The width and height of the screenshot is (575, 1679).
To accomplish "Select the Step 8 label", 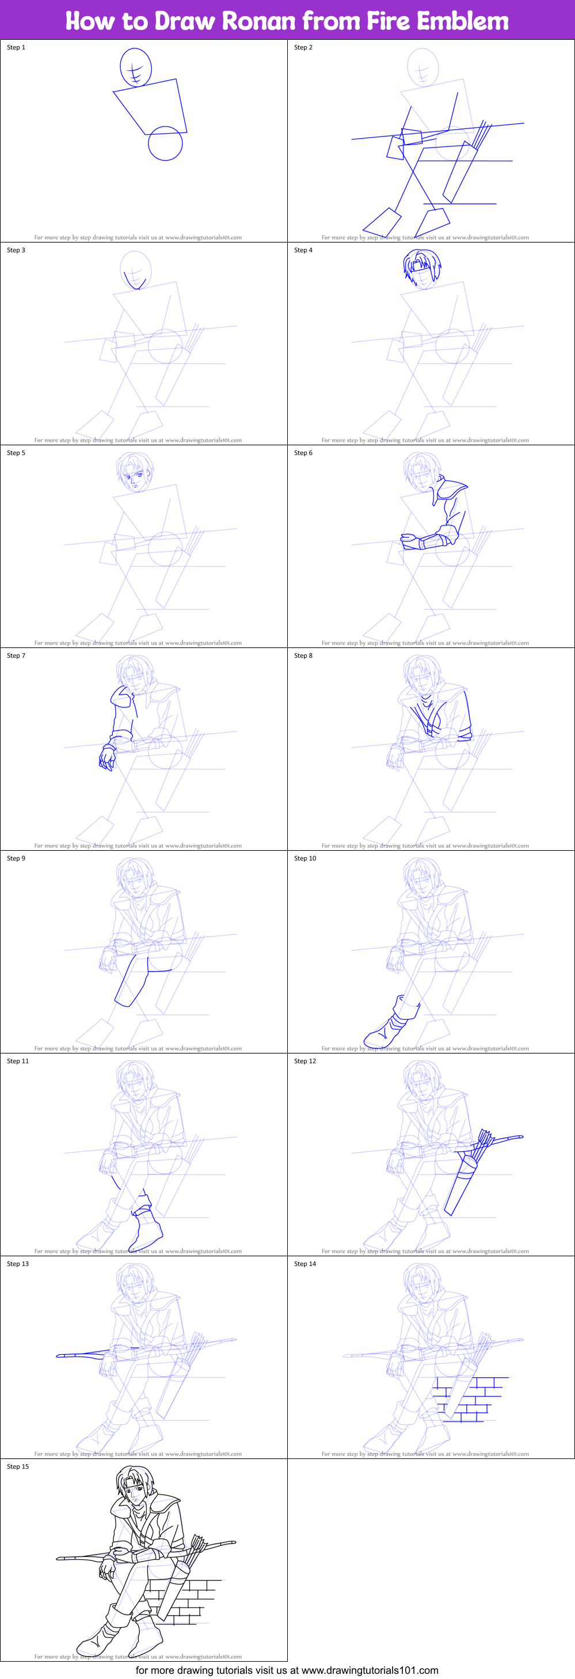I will click(x=303, y=655).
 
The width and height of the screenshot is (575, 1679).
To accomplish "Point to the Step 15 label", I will click(x=18, y=1466).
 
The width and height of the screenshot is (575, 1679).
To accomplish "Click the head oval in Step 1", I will click(x=135, y=67).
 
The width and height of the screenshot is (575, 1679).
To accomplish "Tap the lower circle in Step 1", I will click(x=165, y=143).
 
